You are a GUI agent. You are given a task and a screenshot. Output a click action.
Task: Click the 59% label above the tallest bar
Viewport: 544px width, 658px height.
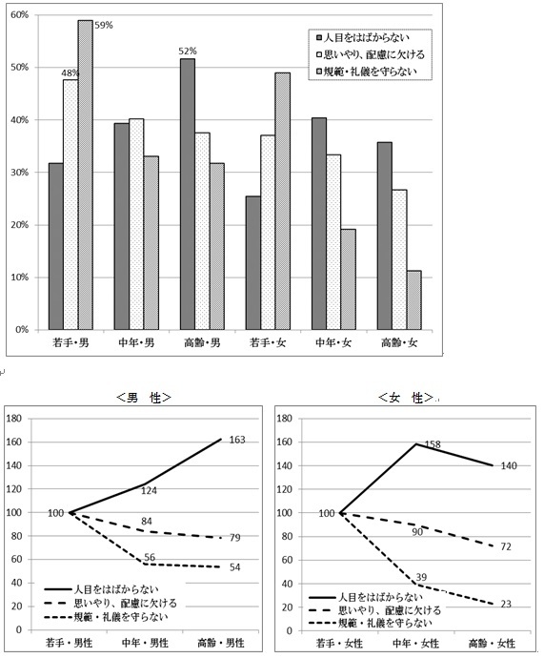(x=103, y=25)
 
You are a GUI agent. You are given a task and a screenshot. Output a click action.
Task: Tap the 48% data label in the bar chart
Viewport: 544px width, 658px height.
(x=70, y=72)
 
